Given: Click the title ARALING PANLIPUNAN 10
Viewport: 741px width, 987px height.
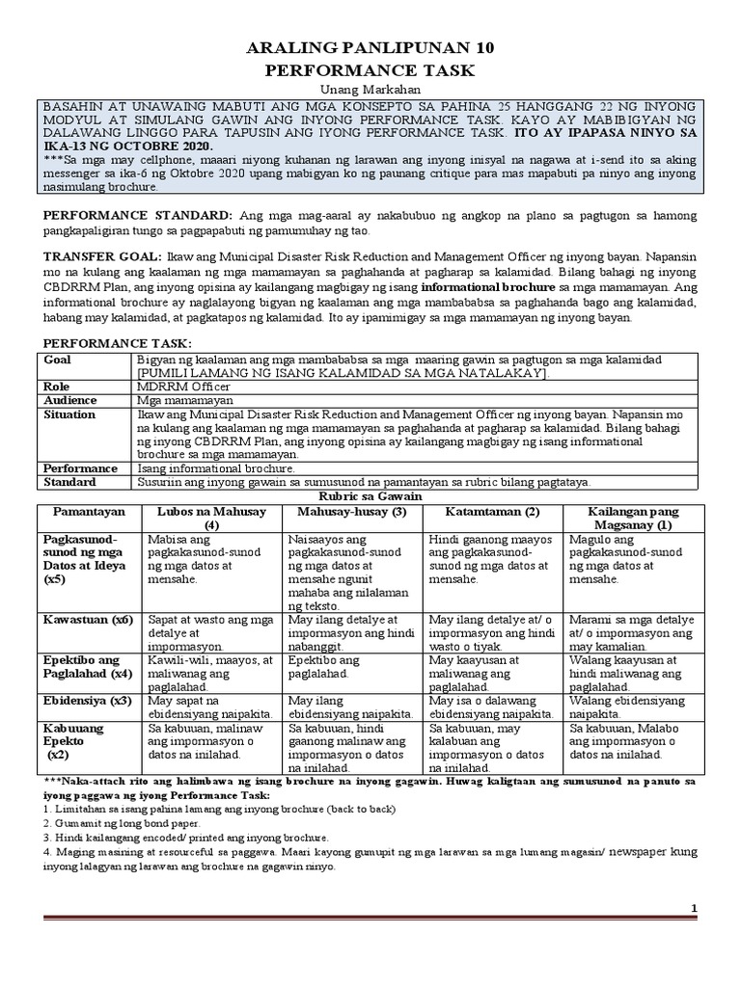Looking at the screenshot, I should pos(370,46).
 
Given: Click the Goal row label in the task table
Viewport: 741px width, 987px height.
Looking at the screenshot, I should pos(59,360).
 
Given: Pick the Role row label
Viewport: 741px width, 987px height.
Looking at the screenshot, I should pos(58,386).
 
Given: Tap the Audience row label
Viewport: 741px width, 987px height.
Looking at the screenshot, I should pos(69,399).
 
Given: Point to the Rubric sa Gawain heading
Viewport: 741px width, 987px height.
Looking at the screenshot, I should pos(370,494).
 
